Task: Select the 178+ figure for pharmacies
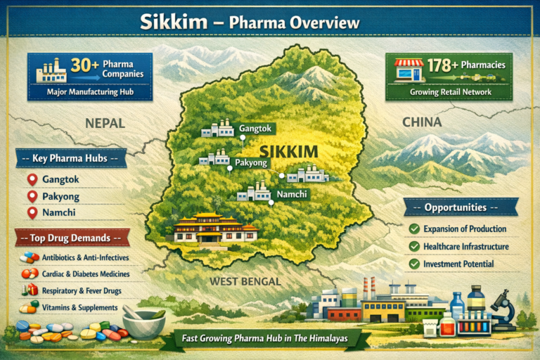tap(443, 65)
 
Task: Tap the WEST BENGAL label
tap(245, 282)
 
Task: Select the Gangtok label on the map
tap(255, 129)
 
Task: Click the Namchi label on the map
tap(290, 193)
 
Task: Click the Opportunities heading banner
tap(461, 207)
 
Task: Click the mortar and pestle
tap(143, 321)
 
